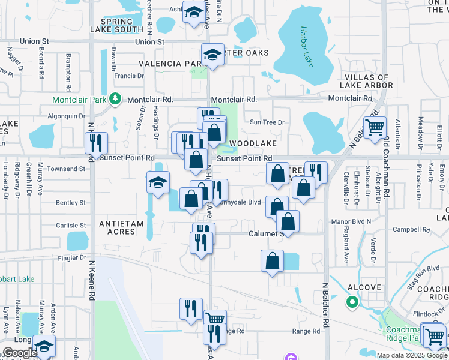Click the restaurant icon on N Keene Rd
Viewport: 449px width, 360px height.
coord(96,143)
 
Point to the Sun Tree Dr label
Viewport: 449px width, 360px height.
coord(267,122)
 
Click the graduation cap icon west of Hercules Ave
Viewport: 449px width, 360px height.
coord(158,182)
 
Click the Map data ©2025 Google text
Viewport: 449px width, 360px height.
coord(411,355)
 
